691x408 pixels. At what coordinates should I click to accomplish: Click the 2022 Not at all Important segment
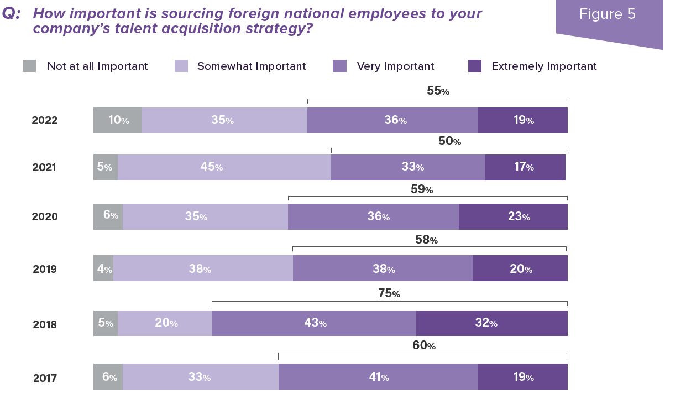point(118,120)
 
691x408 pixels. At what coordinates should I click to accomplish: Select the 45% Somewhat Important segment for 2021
point(224,167)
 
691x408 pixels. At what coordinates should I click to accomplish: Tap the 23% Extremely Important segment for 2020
point(513,216)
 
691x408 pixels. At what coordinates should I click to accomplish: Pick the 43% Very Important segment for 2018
point(314,323)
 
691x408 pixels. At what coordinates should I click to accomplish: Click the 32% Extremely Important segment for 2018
point(491,323)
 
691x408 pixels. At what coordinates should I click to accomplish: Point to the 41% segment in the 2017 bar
point(378,377)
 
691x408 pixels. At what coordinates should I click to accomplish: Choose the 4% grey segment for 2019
point(103,269)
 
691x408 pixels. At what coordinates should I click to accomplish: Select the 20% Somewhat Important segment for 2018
point(165,323)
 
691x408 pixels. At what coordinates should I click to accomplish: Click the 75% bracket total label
point(389,294)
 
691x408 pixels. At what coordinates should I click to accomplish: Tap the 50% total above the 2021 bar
point(449,141)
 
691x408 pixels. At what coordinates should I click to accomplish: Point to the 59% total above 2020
point(422,190)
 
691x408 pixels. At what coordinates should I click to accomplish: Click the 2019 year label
point(45,270)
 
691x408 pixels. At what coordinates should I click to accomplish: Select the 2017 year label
point(45,379)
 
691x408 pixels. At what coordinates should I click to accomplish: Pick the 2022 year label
point(45,121)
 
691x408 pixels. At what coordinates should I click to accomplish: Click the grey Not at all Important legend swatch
point(29,66)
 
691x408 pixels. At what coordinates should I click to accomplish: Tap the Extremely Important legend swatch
point(475,66)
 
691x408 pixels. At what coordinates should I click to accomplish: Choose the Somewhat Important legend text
point(252,66)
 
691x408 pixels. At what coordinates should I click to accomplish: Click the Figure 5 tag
point(607,14)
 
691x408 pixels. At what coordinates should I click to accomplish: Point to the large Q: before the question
point(12,14)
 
